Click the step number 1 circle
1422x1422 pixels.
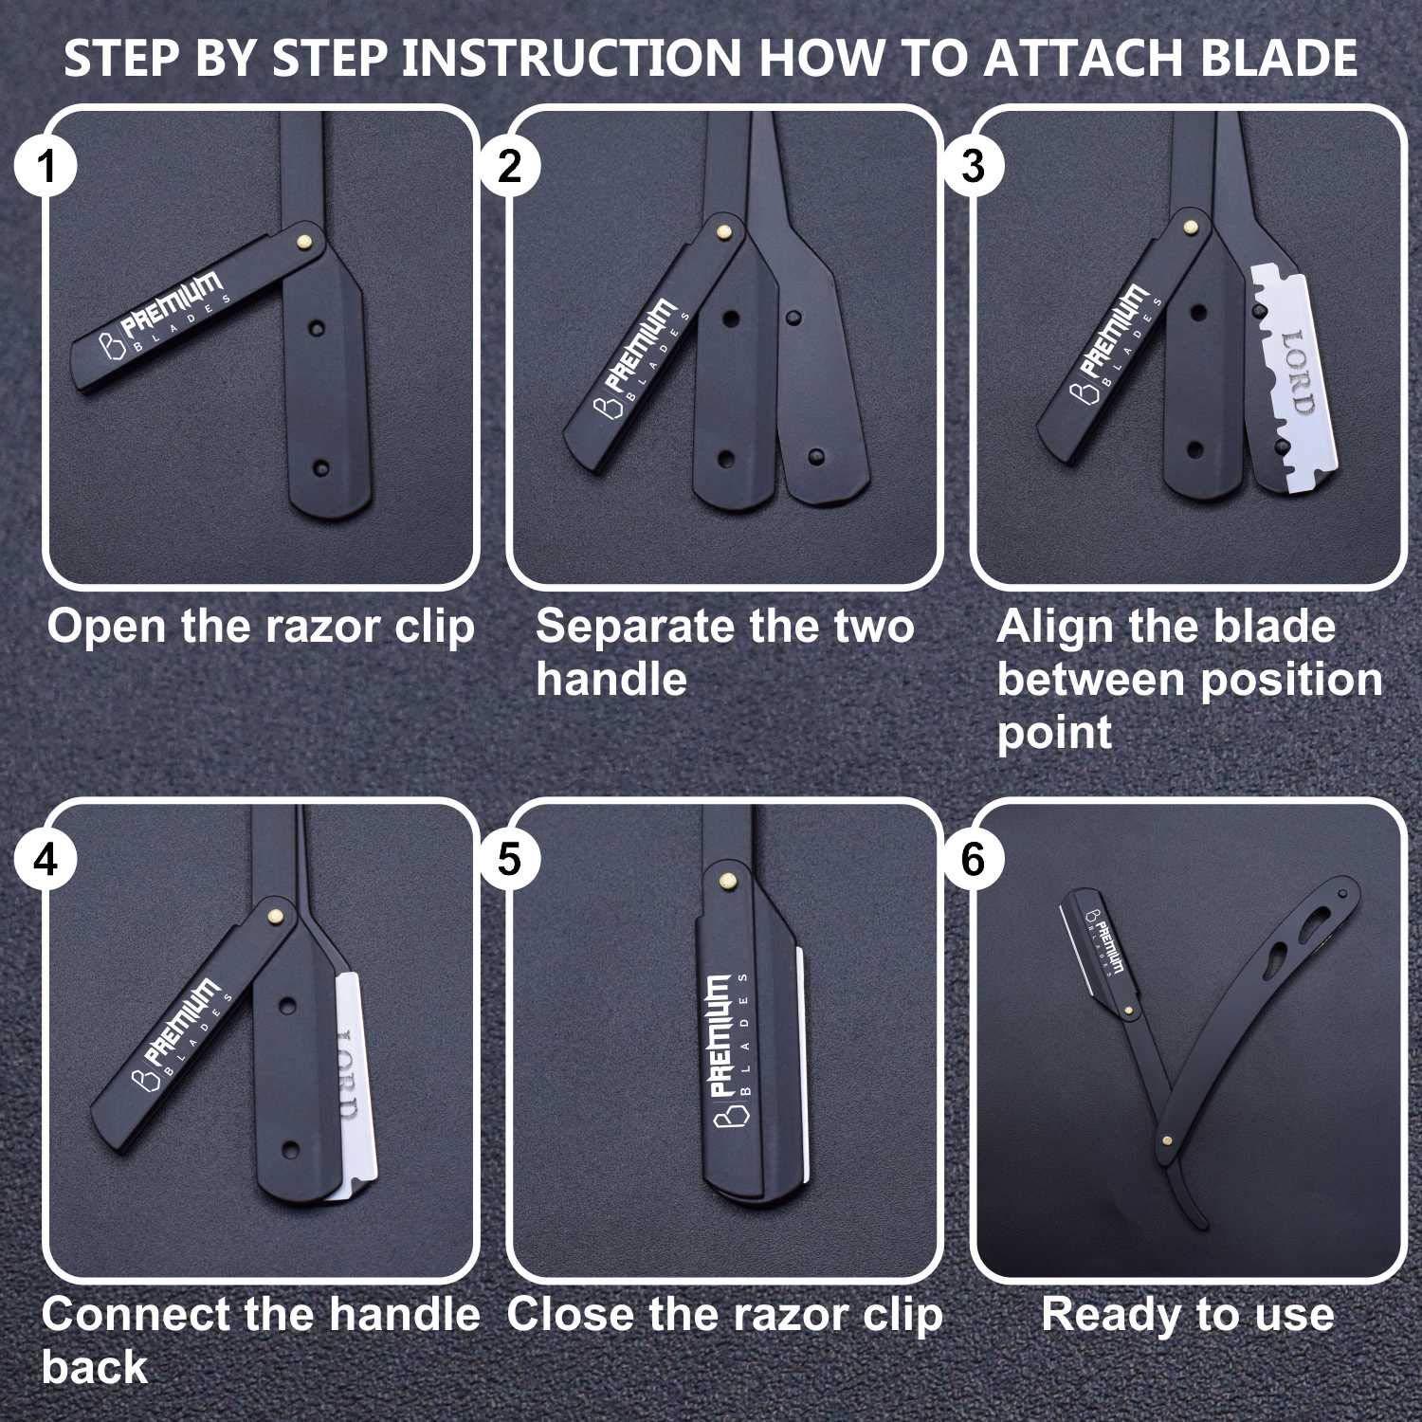[45, 168]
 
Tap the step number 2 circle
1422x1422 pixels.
[509, 168]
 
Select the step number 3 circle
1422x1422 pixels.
[973, 168]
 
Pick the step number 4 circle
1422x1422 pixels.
[45, 860]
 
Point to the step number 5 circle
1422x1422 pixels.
[509, 860]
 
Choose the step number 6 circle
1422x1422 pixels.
[973, 860]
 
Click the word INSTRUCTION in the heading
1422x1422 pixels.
[572, 59]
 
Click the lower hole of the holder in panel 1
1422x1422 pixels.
[320, 467]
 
